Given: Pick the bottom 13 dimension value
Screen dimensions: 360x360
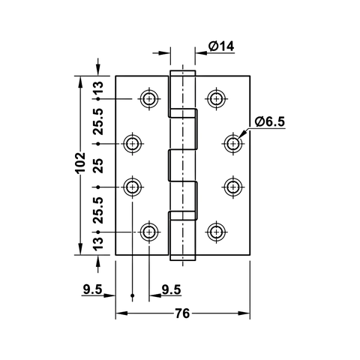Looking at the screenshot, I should [98, 244].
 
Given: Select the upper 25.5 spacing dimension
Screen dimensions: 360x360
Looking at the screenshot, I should [98, 120].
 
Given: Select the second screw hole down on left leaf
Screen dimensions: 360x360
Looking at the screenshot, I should [133, 142].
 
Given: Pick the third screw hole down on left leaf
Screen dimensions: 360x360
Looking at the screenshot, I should [133, 186].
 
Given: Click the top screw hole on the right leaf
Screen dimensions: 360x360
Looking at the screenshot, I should [217, 98].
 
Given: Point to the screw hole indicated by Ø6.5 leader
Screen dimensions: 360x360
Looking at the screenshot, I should [232, 142].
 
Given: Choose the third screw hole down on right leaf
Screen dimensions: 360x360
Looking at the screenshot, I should [232, 186].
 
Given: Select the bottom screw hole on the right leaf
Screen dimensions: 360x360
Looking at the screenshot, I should [217, 231].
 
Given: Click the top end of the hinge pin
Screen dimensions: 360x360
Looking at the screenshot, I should [182, 73].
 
